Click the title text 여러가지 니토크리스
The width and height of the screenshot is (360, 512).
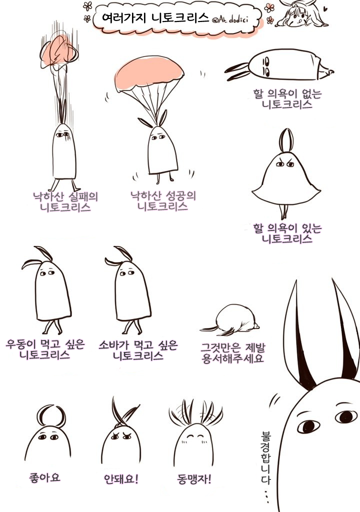click(x=155, y=17)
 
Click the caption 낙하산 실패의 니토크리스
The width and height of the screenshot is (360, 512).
click(x=65, y=202)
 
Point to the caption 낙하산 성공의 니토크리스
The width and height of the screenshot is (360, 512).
click(x=163, y=201)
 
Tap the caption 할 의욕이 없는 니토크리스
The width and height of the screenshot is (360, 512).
click(x=287, y=99)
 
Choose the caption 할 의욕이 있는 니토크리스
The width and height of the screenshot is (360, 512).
click(x=287, y=233)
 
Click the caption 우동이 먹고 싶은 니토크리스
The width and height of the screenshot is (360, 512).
click(x=45, y=349)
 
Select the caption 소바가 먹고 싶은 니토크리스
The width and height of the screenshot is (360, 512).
click(x=138, y=350)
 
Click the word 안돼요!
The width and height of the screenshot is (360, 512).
click(x=121, y=479)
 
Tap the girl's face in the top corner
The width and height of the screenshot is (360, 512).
click(x=298, y=14)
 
